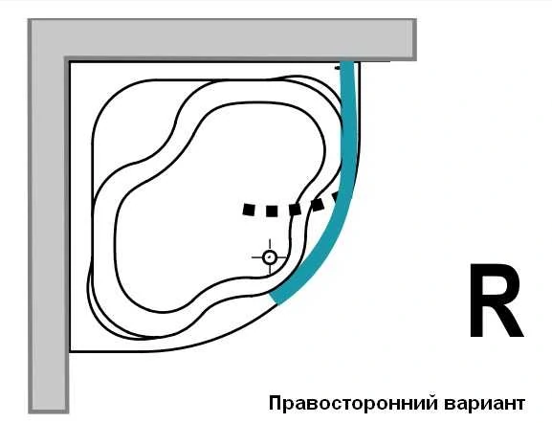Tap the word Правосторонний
click(353, 403)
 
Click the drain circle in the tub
click(270, 257)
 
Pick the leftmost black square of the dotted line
click(249, 210)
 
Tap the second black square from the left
click(272, 211)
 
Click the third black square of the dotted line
click(295, 210)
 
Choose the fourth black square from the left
click(318, 204)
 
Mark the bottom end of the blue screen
click(275, 298)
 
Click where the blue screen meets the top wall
click(346, 61)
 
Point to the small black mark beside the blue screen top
click(338, 68)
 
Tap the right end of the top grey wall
click(415, 39)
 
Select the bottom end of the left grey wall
click(48, 412)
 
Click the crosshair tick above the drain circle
click(270, 244)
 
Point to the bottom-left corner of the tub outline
click(71, 351)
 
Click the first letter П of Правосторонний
click(275, 403)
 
